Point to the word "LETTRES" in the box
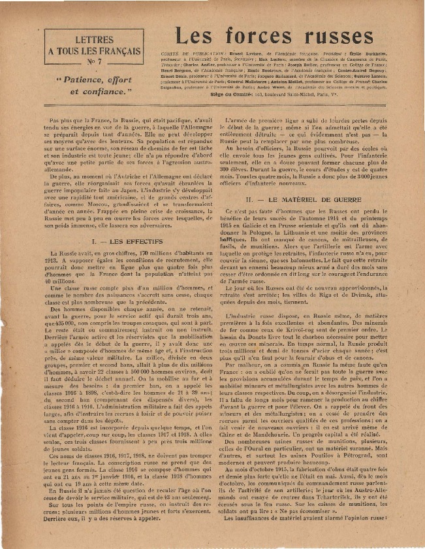95,39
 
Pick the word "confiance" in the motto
108,91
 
